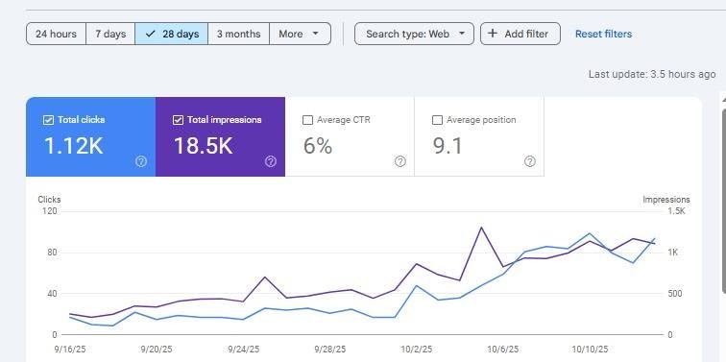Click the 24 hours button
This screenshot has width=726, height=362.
point(56,34)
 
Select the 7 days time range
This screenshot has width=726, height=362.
point(110,34)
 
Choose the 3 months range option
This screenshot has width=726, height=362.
point(238,34)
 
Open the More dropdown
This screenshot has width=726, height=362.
point(300,34)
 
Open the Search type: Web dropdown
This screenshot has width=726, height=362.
point(415,34)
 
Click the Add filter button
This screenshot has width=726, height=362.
point(520,34)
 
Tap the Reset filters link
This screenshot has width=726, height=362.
point(603,34)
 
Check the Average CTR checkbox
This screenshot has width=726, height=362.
point(307,120)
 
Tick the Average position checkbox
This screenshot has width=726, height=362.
point(437,120)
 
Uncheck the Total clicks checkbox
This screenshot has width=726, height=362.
point(48,120)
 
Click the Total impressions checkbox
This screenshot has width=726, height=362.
point(178,120)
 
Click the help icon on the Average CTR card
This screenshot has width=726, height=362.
point(400,161)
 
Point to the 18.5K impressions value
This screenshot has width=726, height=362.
point(204,146)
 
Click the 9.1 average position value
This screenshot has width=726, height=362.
point(448,146)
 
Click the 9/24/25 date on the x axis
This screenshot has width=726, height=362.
point(244,350)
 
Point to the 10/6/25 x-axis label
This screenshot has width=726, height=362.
point(503,350)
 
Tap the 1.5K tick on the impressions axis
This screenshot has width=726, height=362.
point(676,211)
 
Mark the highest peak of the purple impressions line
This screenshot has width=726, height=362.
point(481,228)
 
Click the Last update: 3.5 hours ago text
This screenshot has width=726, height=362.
point(652,74)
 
